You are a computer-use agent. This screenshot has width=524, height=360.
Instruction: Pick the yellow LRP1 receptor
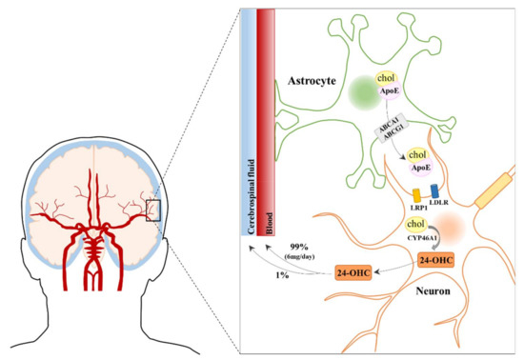coord(390,194)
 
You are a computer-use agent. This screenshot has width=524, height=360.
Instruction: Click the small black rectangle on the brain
coord(153,208)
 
